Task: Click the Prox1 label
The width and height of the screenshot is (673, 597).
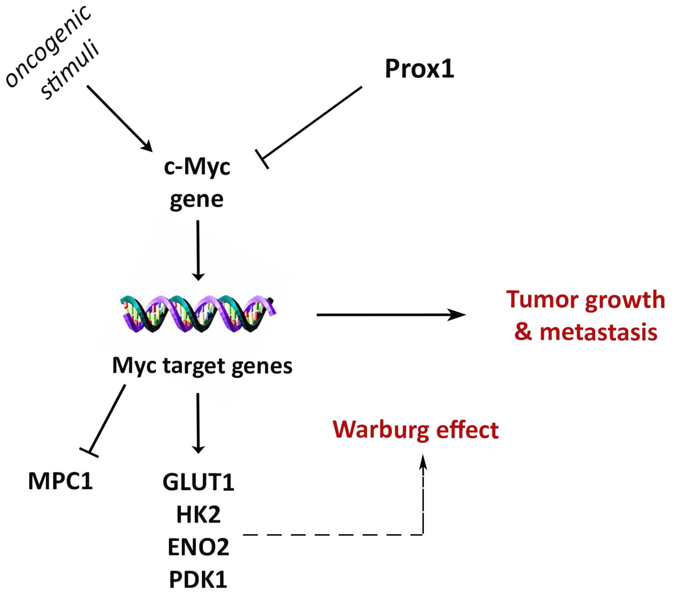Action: point(419,69)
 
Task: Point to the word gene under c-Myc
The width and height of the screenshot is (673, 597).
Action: point(197,199)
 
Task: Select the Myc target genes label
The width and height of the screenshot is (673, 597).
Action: point(202,365)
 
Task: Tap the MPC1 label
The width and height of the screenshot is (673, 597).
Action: point(60,481)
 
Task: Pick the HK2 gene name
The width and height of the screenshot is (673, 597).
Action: point(198,515)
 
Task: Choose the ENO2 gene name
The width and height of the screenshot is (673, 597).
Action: point(198,547)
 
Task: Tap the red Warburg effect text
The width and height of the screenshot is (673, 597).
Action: point(416,430)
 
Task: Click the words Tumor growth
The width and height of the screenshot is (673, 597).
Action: point(585,299)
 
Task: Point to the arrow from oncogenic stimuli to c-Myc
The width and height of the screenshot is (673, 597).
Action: point(118,118)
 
